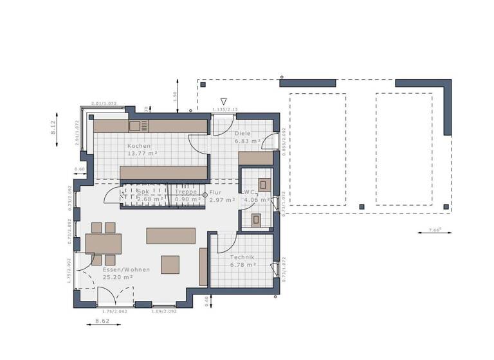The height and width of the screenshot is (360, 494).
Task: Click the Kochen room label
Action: tap(139, 146)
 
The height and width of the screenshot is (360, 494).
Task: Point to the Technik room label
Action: tap(242, 256)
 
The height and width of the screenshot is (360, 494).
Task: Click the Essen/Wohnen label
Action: tap(126, 269)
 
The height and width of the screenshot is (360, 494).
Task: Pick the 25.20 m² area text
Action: tap(118, 277)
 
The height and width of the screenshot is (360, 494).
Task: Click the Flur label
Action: tap(216, 192)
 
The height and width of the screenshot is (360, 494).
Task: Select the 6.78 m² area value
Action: tap(243, 264)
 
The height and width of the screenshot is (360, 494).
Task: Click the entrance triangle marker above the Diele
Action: tap(224, 102)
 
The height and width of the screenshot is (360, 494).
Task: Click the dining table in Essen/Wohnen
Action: tap(104, 244)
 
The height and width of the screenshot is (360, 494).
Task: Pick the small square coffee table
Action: tap(170, 265)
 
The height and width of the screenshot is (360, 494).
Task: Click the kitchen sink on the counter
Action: tap(138, 126)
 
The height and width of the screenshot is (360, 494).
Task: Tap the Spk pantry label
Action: tap(142, 192)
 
